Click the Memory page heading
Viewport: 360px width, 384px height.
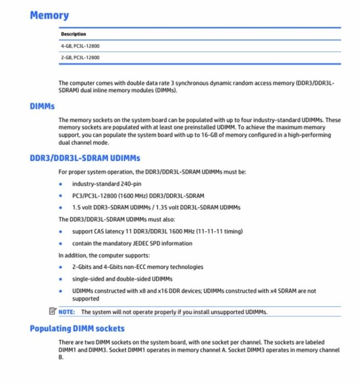coord(49,15)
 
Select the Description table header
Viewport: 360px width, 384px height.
coord(74,34)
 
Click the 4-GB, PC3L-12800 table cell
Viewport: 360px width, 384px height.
coord(80,46)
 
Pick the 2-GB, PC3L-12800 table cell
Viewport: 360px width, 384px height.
coord(80,57)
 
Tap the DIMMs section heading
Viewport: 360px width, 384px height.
coord(42,106)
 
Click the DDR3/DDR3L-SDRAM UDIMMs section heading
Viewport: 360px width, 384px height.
coord(84,158)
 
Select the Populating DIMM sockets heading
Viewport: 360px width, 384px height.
coord(77,328)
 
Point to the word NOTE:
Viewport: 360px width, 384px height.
coord(67,312)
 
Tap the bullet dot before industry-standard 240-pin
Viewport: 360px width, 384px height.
coord(61,184)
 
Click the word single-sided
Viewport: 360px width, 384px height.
coord(88,279)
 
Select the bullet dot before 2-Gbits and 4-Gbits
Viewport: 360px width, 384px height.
coord(61,267)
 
